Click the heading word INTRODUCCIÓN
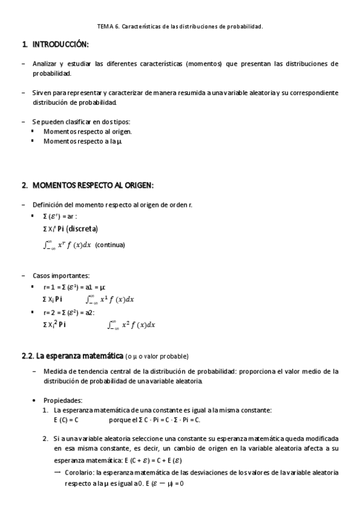pos(61,45)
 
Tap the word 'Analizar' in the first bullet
pos(46,63)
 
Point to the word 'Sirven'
pos(42,93)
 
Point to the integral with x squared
pos(131,325)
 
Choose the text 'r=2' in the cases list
pos(50,313)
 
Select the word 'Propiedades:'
pos(63,400)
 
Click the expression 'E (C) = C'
pos(66,419)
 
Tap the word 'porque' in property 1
pos(121,419)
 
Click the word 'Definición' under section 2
pos(48,205)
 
